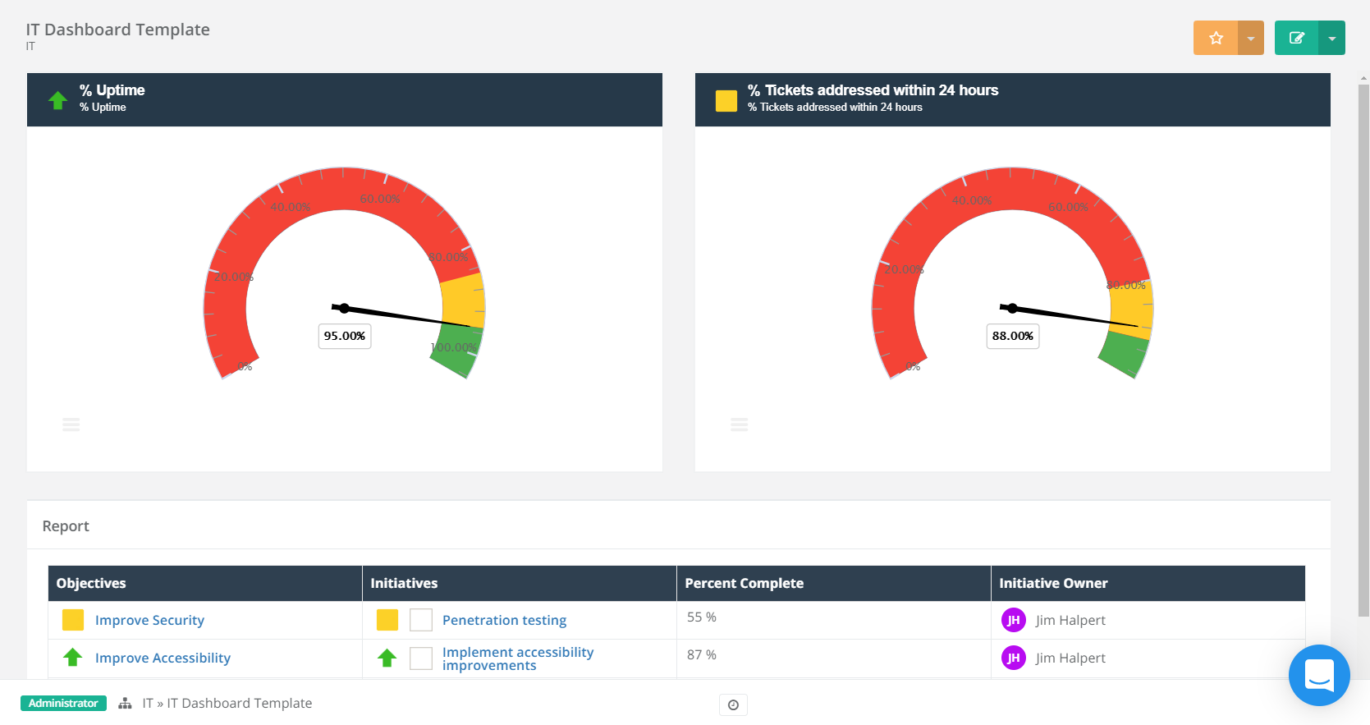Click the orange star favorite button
(x=1216, y=38)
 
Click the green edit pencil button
(x=1296, y=38)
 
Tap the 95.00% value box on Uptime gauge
(x=344, y=336)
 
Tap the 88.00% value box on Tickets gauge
(x=1012, y=336)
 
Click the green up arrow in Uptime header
(x=57, y=100)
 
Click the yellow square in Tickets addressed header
(x=726, y=100)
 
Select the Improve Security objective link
(x=149, y=620)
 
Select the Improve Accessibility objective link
(x=163, y=658)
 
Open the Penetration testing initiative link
(x=504, y=620)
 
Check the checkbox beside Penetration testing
(x=421, y=620)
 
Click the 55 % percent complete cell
(x=702, y=617)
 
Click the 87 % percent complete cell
(x=702, y=655)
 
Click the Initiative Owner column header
(x=1053, y=583)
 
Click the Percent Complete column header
(x=744, y=583)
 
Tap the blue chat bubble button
(x=1318, y=675)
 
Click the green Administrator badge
(x=63, y=703)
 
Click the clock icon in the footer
(x=733, y=704)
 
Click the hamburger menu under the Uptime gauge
(x=71, y=424)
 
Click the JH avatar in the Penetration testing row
(x=1013, y=620)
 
